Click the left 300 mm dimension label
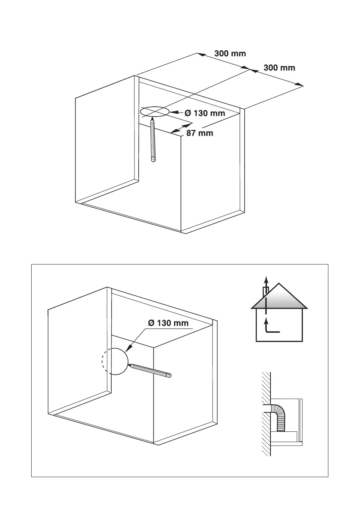[x=230, y=53]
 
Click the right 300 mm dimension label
[x=279, y=68]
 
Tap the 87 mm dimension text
[x=200, y=133]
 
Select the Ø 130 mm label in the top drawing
[x=205, y=113]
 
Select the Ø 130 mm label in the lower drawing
[x=168, y=323]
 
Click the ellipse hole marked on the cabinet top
[x=154, y=112]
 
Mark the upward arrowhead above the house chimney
[x=266, y=278]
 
